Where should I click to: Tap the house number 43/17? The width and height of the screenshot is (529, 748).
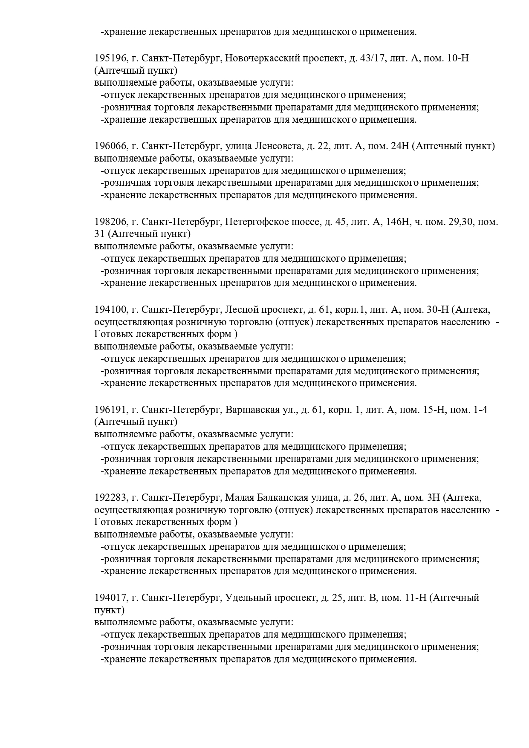[x=372, y=58]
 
